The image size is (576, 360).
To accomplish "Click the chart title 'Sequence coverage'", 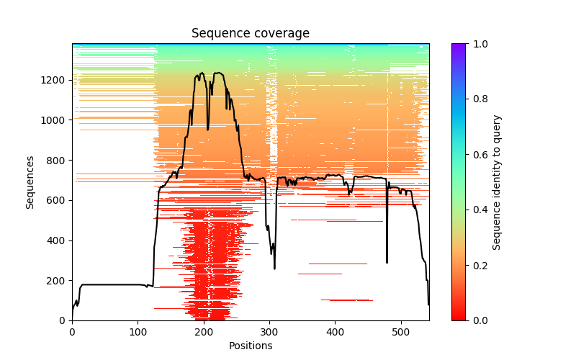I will [251, 33].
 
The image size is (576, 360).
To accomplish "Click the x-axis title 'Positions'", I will [251, 346].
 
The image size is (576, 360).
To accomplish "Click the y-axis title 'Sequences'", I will [30, 181].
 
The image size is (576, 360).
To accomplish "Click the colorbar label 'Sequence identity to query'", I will [497, 181].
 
